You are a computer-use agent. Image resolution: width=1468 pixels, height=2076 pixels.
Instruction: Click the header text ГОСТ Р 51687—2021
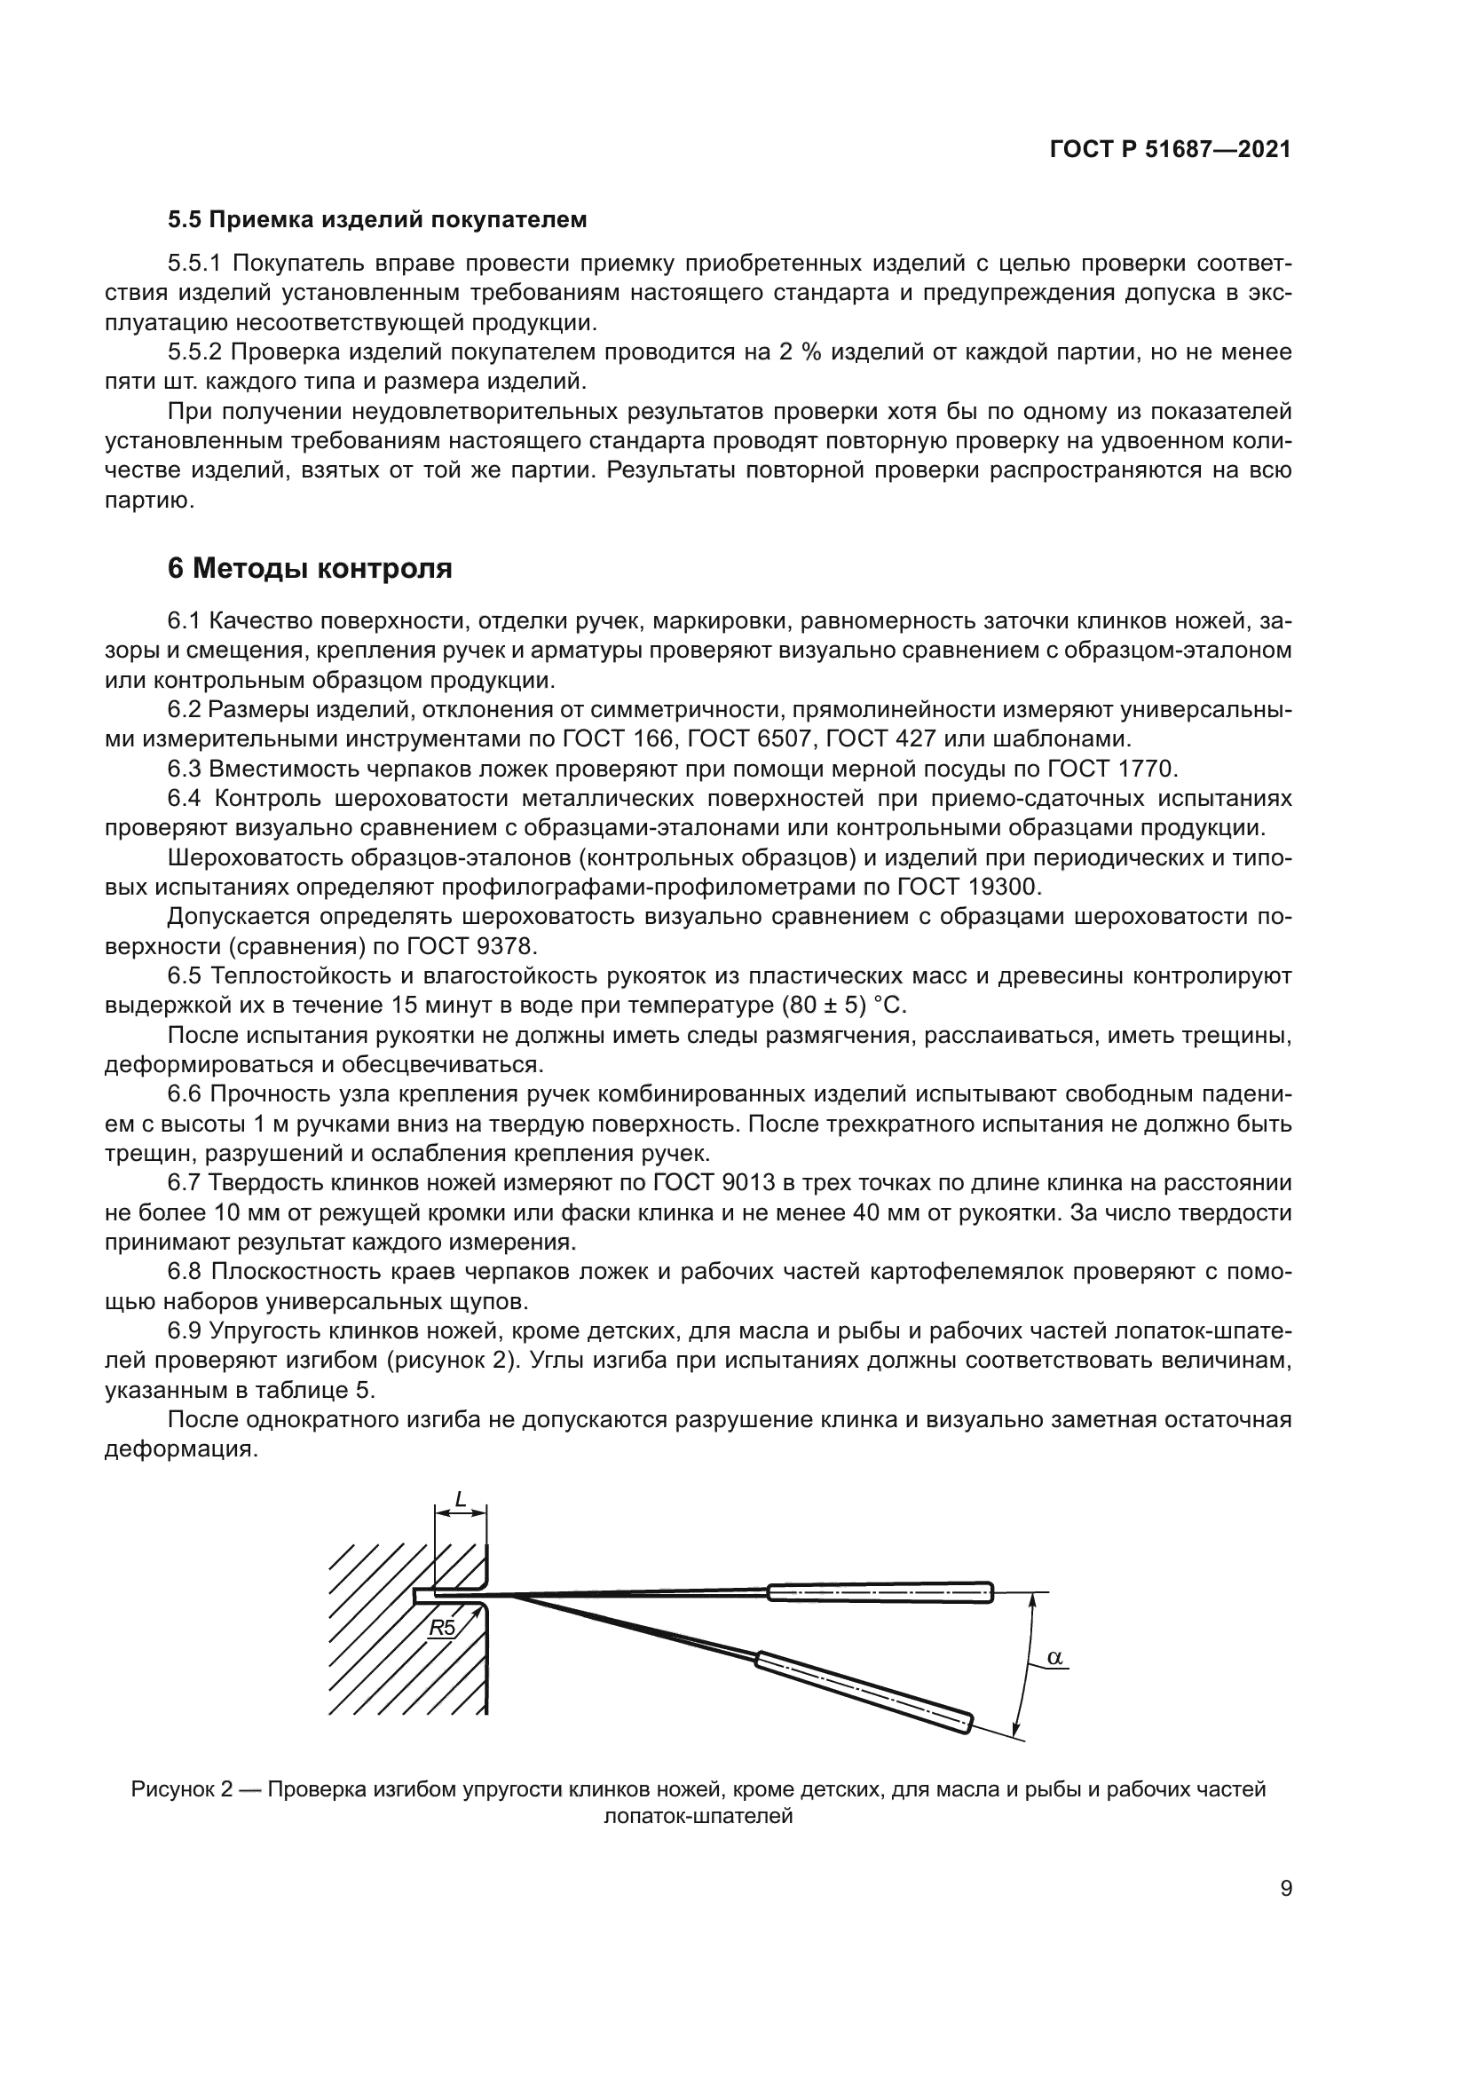[x=1170, y=150]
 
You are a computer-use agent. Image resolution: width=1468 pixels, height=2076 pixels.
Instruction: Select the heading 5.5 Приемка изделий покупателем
[x=377, y=220]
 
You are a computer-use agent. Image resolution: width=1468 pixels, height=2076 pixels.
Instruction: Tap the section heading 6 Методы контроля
[x=309, y=569]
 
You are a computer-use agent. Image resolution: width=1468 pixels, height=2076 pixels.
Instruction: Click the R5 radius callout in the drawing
[x=442, y=1628]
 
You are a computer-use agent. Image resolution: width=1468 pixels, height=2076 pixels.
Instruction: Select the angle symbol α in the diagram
[x=1054, y=1657]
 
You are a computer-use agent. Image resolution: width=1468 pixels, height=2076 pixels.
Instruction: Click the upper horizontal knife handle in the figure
[x=880, y=1591]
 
